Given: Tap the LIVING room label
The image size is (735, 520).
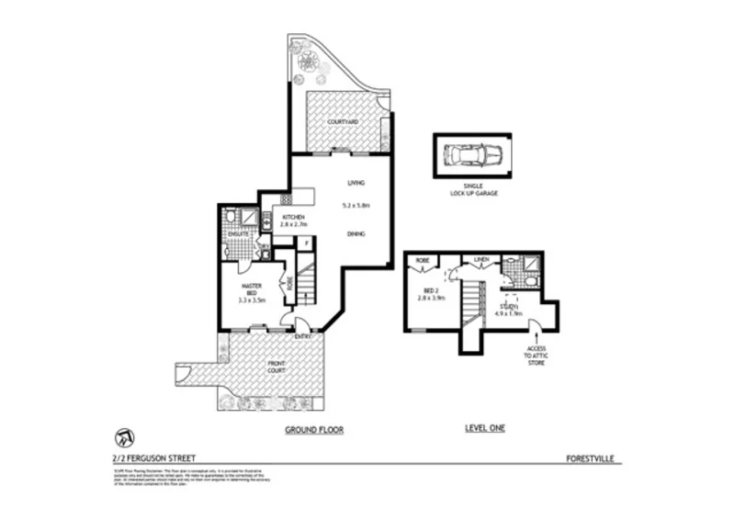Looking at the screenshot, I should coord(356,182).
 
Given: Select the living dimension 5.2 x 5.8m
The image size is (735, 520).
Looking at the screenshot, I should coord(356,206).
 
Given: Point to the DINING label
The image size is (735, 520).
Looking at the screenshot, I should coord(356,234).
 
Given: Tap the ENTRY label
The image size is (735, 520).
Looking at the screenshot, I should coord(302,336).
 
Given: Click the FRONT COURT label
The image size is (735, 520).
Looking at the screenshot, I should coord(276,368).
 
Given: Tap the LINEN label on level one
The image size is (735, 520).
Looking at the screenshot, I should coord(479,260).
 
